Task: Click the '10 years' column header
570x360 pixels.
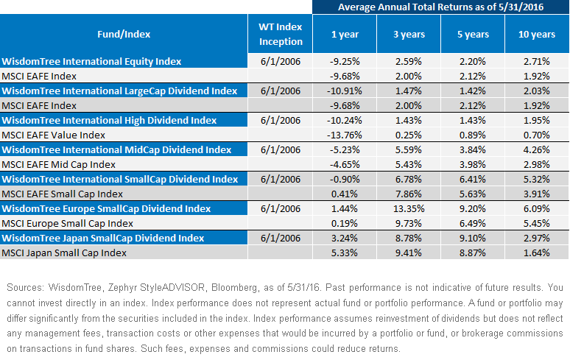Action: pyautogui.click(x=537, y=34)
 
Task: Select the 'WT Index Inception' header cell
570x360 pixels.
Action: pyautogui.click(x=281, y=34)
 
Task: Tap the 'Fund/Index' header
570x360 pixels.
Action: pyautogui.click(x=124, y=34)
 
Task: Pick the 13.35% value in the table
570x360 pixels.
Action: pyautogui.click(x=409, y=208)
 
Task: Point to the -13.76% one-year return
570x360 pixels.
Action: pyautogui.click(x=344, y=135)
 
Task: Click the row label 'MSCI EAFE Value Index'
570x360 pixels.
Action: pyautogui.click(x=54, y=135)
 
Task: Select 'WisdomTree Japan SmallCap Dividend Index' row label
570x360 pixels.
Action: pyautogui.click(x=103, y=238)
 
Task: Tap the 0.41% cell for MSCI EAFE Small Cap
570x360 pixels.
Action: pyautogui.click(x=344, y=194)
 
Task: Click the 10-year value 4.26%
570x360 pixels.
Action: pyautogui.click(x=537, y=149)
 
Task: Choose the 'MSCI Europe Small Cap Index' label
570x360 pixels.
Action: pyautogui.click(x=67, y=223)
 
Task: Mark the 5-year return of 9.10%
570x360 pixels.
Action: pyautogui.click(x=473, y=238)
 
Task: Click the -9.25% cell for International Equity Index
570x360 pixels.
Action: pyautogui.click(x=345, y=61)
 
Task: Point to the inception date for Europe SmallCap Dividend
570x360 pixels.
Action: pyautogui.click(x=281, y=208)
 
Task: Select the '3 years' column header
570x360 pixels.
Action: pyautogui.click(x=409, y=34)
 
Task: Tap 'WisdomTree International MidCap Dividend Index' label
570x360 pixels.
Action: pyautogui.click(x=116, y=149)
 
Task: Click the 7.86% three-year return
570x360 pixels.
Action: pyautogui.click(x=409, y=194)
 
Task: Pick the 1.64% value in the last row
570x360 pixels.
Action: pyautogui.click(x=537, y=253)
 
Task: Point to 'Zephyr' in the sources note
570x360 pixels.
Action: pyautogui.click(x=122, y=288)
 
